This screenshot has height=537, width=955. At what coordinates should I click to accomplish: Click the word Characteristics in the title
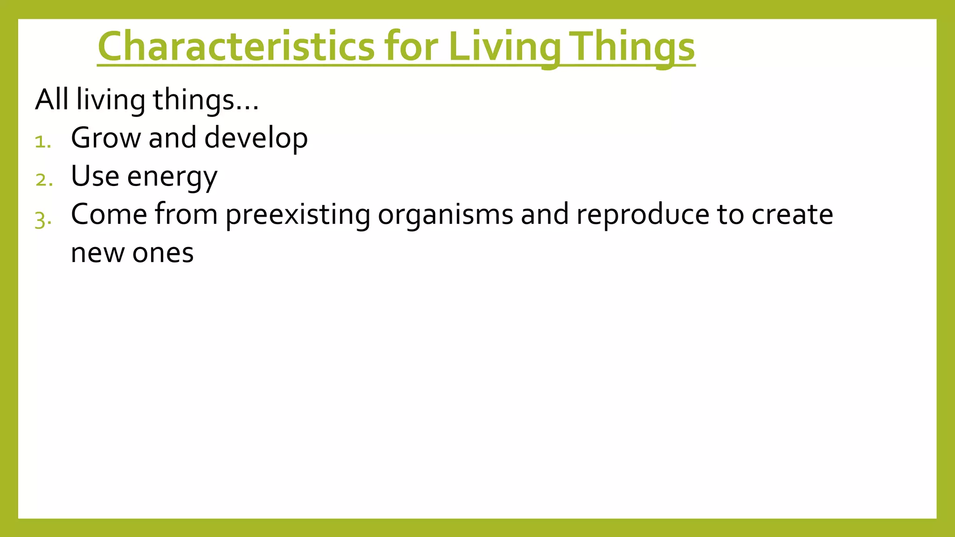click(x=236, y=47)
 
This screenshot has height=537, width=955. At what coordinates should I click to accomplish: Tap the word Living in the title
click(x=504, y=47)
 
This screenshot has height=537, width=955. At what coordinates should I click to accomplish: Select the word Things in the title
click(x=633, y=47)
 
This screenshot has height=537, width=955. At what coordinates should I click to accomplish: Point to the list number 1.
click(x=42, y=142)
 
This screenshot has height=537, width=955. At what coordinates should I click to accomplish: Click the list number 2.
click(x=43, y=180)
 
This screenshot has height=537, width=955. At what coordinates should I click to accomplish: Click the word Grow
click(x=105, y=138)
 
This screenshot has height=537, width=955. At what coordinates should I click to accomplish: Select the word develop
click(x=256, y=139)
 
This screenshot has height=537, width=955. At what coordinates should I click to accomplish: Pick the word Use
click(x=95, y=176)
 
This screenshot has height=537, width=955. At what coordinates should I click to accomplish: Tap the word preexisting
click(x=298, y=215)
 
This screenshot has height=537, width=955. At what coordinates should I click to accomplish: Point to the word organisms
click(x=445, y=215)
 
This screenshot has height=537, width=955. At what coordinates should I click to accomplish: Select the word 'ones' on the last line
click(x=163, y=254)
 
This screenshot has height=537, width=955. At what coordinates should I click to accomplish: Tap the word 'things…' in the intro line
click(x=206, y=101)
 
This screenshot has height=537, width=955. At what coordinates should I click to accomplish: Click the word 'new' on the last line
click(x=97, y=254)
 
